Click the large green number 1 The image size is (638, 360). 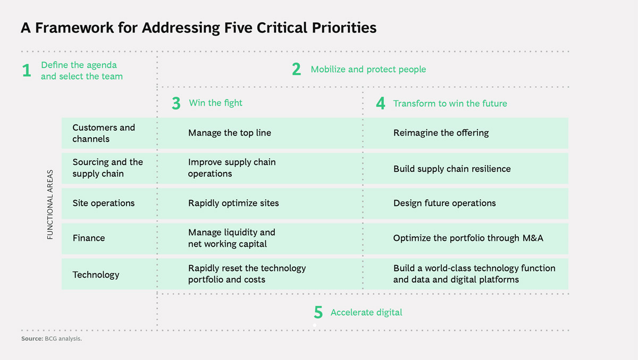[27, 70]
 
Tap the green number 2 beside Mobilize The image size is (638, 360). [296, 69]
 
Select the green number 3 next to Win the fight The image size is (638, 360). [176, 103]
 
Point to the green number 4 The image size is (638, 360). [381, 103]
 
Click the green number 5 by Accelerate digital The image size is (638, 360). [318, 312]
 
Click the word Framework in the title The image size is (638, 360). [74, 28]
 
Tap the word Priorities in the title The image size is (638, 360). [344, 28]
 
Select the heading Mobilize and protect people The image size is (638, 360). [368, 70]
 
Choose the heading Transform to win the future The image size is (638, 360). [450, 103]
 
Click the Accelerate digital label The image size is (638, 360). [366, 313]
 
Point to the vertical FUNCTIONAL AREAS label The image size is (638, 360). [50, 205]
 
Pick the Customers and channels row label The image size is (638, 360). [104, 133]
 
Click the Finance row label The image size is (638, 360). [89, 238]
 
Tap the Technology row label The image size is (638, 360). [96, 275]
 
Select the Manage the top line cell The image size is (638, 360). [230, 133]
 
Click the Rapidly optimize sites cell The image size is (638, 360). [233, 203]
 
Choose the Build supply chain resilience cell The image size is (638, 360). [452, 169]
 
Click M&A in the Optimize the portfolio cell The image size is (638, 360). [533, 238]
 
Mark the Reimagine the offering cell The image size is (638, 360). [441, 133]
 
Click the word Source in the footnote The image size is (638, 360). [32, 339]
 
